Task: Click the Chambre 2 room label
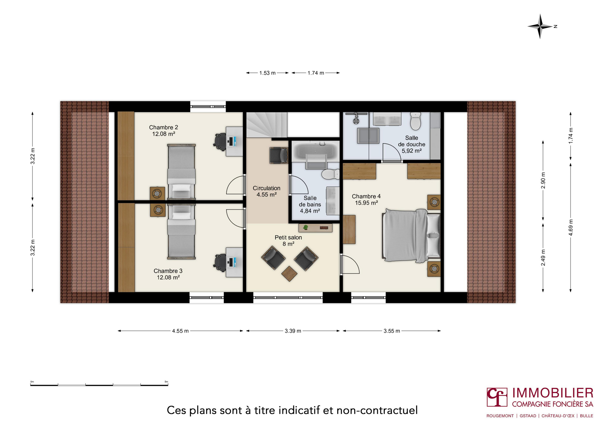[x=163, y=130]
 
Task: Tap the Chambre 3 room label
[x=168, y=274]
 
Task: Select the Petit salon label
[x=288, y=241]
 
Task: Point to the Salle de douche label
[x=411, y=144]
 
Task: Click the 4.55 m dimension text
[x=180, y=331]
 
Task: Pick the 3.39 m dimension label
[x=293, y=331]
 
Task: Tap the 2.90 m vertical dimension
[x=543, y=180]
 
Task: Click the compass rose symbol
[x=540, y=26]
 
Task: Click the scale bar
[x=99, y=385]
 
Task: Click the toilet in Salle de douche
[x=416, y=121]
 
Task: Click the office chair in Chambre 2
[x=220, y=141]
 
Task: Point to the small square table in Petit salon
[x=289, y=274]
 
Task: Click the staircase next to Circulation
[x=266, y=125]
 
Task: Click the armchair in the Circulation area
[x=279, y=155]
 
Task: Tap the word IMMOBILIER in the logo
[x=553, y=393]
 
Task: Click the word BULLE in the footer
[x=586, y=416]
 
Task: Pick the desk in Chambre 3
[x=234, y=262]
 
